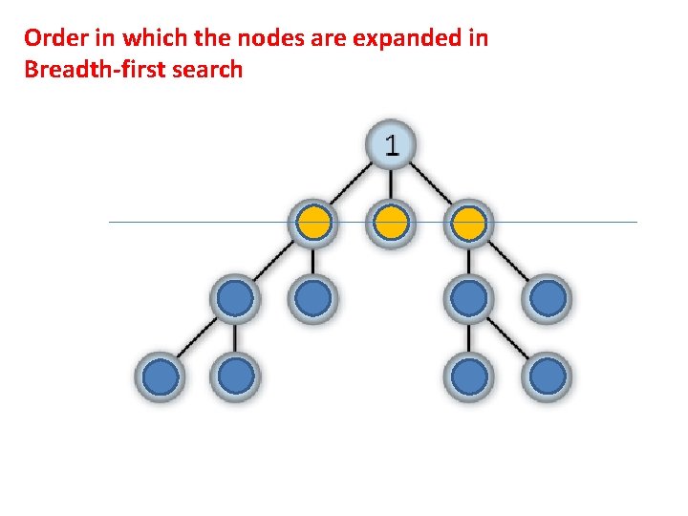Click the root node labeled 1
(x=390, y=146)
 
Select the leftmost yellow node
(x=312, y=224)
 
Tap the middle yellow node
(x=390, y=224)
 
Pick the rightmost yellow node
(x=468, y=224)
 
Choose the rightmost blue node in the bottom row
(x=547, y=376)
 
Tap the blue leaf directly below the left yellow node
(x=312, y=299)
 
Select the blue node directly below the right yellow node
(x=468, y=299)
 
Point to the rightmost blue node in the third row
(x=547, y=299)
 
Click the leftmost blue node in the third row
(x=235, y=299)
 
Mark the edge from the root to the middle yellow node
(x=390, y=185)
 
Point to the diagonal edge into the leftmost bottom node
(x=197, y=338)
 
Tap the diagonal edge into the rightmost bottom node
(x=508, y=338)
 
